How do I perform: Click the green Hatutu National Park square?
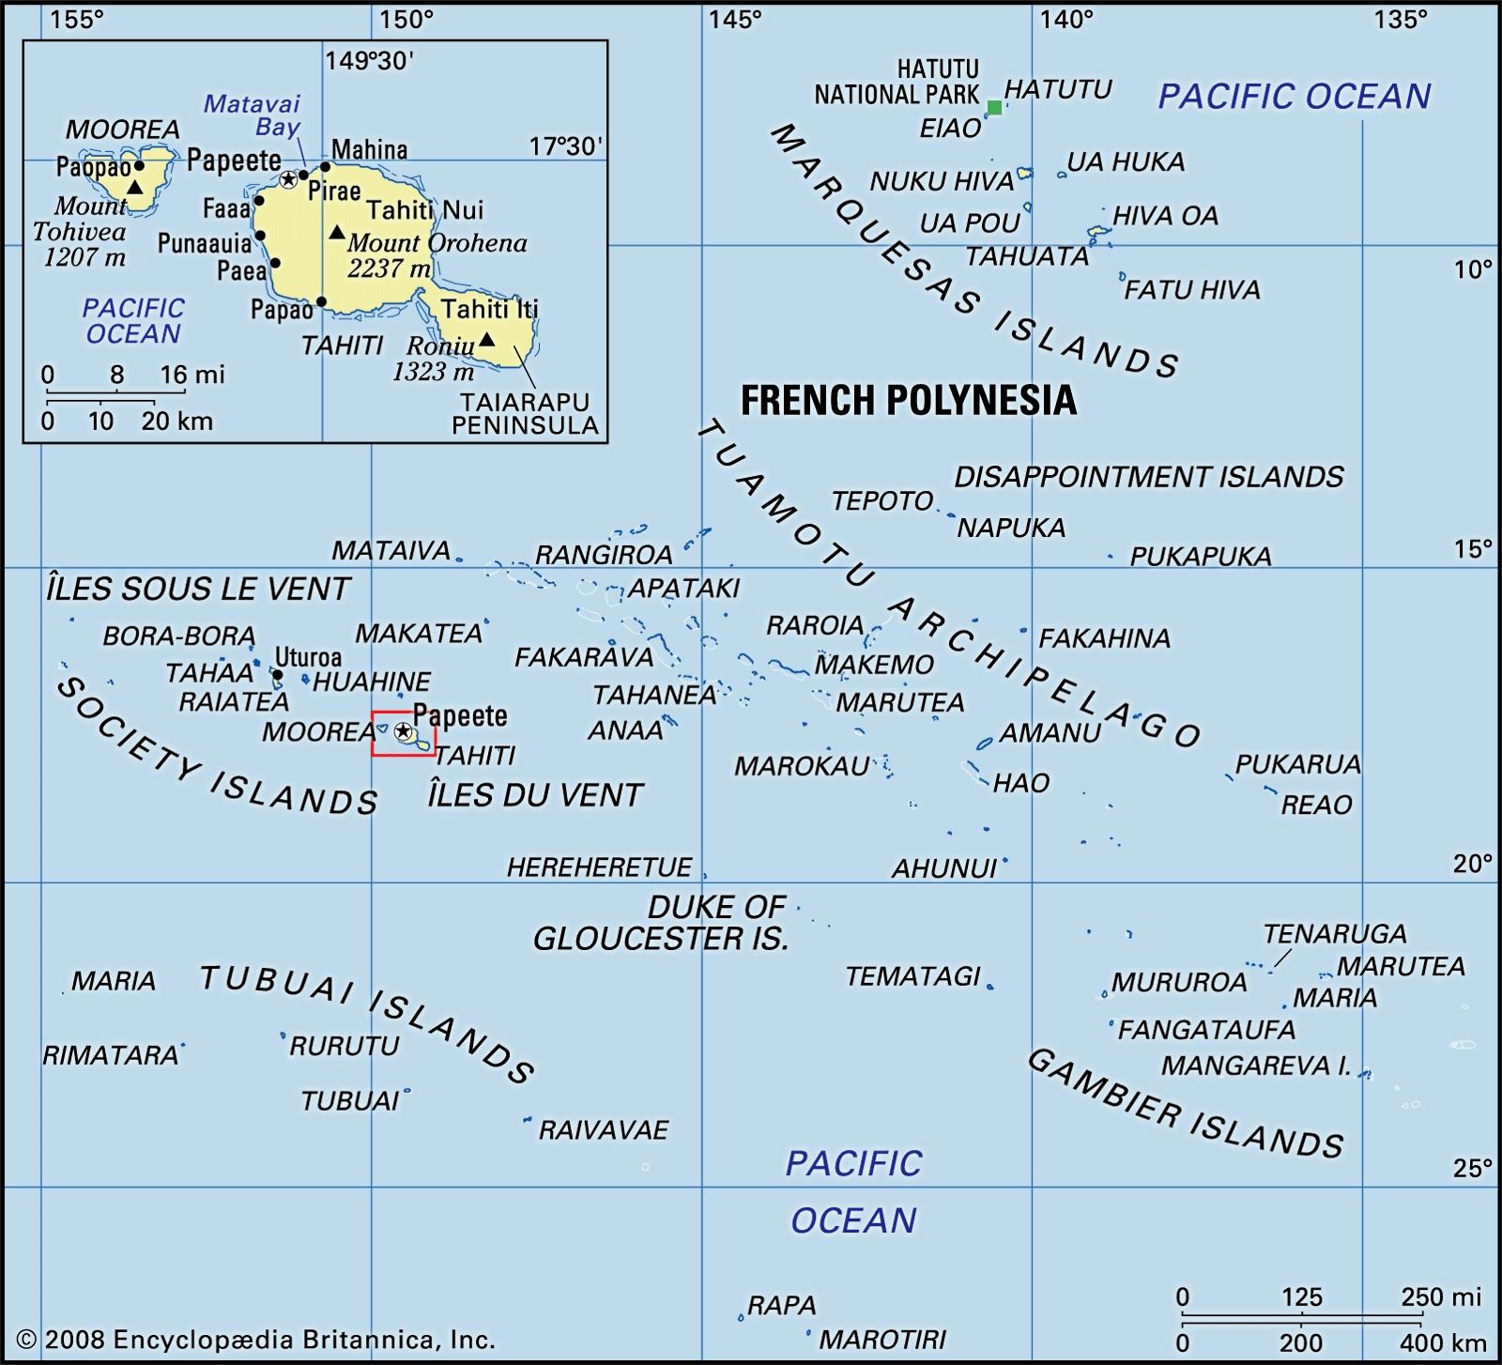(994, 108)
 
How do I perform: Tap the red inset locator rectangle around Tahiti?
(374, 734)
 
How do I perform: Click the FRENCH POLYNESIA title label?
(908, 401)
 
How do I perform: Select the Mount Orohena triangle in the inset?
(336, 232)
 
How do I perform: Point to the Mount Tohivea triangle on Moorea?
(135, 188)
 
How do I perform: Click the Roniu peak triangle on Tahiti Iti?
(486, 339)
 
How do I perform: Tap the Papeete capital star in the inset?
(288, 179)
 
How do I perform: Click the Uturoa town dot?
(278, 674)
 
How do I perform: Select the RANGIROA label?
(604, 555)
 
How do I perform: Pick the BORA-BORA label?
(178, 636)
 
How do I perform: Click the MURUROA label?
(1179, 982)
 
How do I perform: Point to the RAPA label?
(781, 1305)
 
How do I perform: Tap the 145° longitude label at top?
(735, 19)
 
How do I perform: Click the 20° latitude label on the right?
(1472, 864)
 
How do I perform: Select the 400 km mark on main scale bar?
(1443, 1343)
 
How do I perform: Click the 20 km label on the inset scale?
(176, 421)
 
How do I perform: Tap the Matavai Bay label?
(253, 115)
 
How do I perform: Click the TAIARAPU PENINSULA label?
(525, 413)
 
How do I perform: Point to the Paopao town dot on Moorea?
(140, 166)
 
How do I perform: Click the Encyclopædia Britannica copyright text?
(255, 1340)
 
